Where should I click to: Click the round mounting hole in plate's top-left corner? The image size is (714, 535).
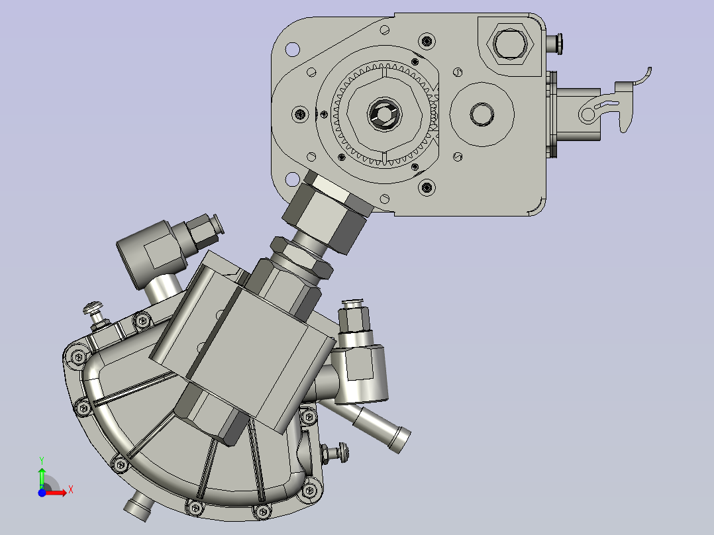pyautogui.click(x=291, y=48)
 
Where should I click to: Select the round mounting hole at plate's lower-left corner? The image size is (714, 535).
pyautogui.click(x=291, y=179)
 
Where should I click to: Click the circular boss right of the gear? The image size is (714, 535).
pyautogui.click(x=482, y=114)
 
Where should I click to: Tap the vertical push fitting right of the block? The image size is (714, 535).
pyautogui.click(x=352, y=317)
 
